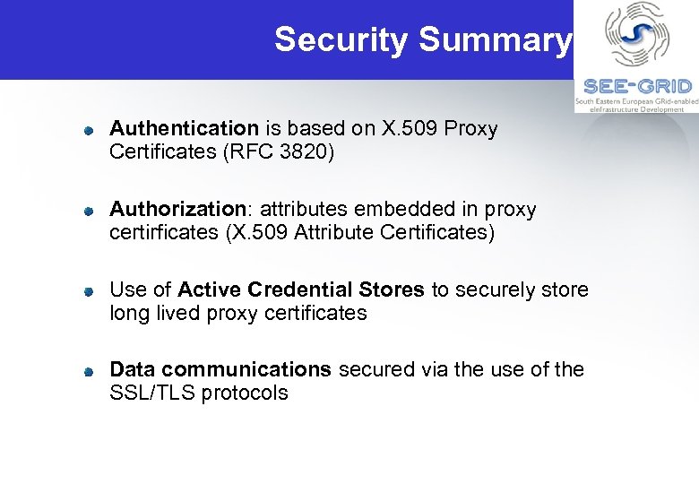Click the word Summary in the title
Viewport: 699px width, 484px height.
[494, 39]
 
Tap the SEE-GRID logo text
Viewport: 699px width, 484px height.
[637, 86]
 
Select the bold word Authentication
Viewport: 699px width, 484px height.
[184, 129]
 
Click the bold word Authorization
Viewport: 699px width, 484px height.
[177, 210]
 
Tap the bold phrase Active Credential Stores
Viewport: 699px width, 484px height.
[301, 290]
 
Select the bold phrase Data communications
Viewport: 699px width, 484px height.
[220, 369]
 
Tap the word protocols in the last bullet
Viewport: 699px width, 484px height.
[245, 393]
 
